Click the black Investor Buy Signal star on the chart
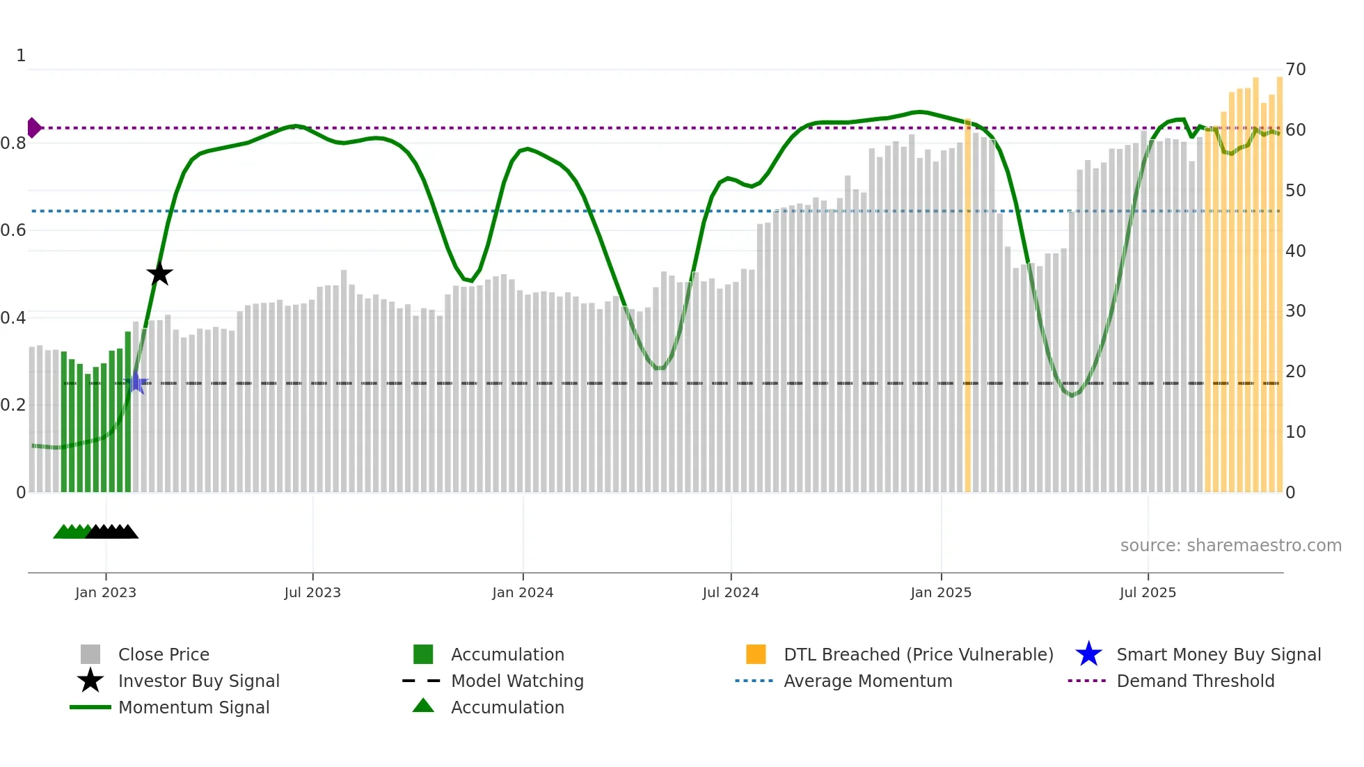point(159,274)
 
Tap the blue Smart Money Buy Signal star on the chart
point(136,383)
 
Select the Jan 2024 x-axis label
point(523,592)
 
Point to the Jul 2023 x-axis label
point(312,592)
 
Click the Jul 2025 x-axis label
point(1148,592)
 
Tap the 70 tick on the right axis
point(1295,70)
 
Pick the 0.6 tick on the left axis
point(13,230)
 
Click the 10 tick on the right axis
point(1295,432)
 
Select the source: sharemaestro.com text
point(1230,546)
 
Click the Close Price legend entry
point(164,654)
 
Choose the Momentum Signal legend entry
point(193,707)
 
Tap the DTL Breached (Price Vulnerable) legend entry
point(918,654)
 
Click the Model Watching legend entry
point(517,681)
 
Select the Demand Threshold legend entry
point(1195,681)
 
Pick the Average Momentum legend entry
point(867,681)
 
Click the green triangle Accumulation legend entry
point(507,707)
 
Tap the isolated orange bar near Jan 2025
point(967,306)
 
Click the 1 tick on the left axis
point(21,56)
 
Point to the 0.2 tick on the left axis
point(13,405)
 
